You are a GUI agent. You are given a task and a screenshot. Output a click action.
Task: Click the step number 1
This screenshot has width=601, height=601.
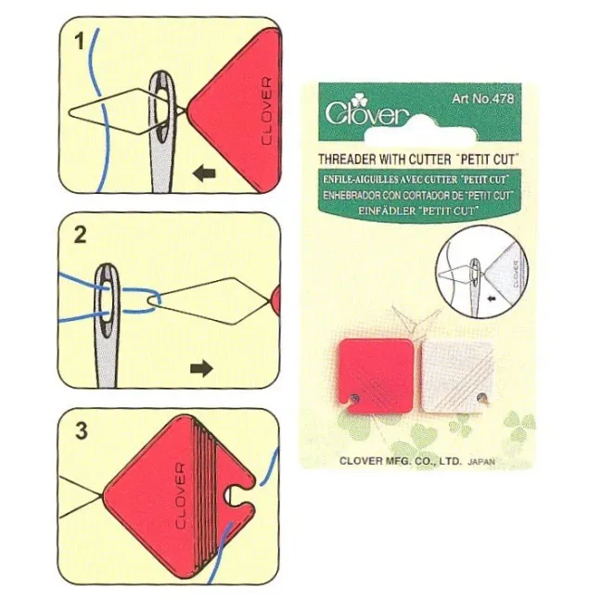pyautogui.click(x=80, y=41)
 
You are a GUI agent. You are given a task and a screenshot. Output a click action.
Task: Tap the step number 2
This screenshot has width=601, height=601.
pyautogui.click(x=80, y=235)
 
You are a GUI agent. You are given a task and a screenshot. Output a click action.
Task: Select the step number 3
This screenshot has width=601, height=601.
pyautogui.click(x=82, y=430)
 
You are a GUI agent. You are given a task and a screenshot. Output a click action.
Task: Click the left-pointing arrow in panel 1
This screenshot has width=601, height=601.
pyautogui.click(x=204, y=174)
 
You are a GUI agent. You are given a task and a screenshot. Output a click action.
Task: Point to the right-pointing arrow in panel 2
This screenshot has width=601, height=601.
pyautogui.click(x=201, y=369)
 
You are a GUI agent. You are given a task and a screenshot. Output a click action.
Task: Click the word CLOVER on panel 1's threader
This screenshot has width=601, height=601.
pyautogui.click(x=266, y=111)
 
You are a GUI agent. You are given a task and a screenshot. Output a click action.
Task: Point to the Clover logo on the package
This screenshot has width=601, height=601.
pyautogui.click(x=366, y=110)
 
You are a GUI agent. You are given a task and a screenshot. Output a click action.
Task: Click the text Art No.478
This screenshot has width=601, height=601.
pyautogui.click(x=482, y=99)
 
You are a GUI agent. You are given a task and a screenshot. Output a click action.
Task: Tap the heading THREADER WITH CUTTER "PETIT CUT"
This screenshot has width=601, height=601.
pyautogui.click(x=418, y=159)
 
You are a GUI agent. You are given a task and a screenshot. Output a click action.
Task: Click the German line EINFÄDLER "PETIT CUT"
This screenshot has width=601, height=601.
pyautogui.click(x=418, y=211)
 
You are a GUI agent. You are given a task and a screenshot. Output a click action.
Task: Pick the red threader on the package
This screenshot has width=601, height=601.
pyautogui.click(x=376, y=376)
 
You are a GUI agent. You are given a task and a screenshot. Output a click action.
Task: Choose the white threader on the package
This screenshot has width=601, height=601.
pyautogui.click(x=457, y=377)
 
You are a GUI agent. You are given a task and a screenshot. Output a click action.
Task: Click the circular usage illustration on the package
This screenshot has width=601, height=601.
pyautogui.click(x=481, y=272)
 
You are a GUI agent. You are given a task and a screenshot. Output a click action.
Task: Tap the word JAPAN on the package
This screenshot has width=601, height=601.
pyautogui.click(x=481, y=462)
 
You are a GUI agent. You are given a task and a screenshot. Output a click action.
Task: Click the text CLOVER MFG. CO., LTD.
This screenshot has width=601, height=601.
pyautogui.click(x=401, y=461)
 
